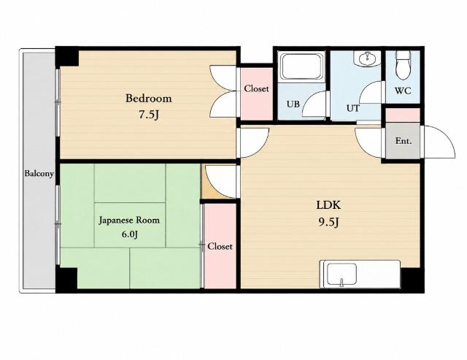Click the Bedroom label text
149,99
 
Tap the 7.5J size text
148,115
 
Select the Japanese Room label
129,221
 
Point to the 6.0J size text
130,234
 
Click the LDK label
328,205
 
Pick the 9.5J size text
328,222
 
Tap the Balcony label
39,174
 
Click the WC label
403,91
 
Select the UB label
293,104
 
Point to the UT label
353,108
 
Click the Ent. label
404,141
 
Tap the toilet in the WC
403,65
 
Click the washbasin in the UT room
367,58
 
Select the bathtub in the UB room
303,66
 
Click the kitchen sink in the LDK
341,274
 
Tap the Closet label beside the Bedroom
256,88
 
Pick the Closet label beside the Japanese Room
220,247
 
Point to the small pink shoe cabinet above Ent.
403,115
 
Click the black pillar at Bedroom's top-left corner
66,57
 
